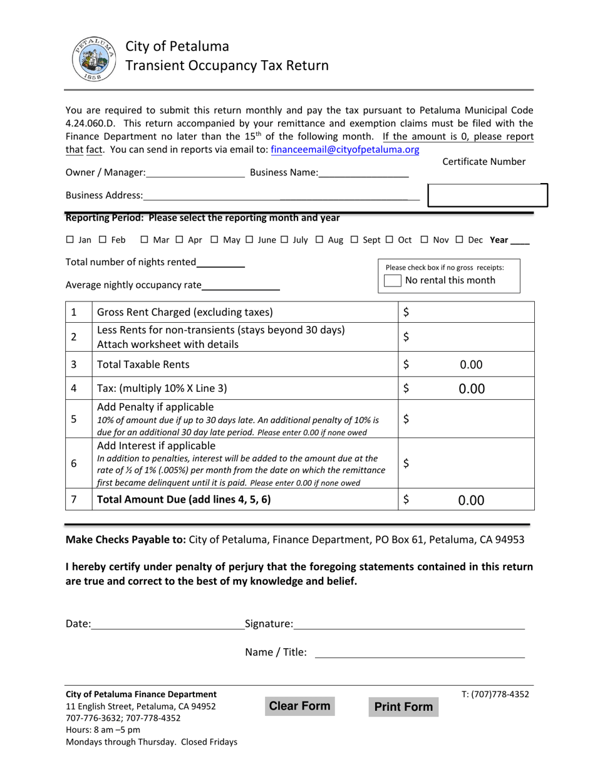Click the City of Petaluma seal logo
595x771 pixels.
[93, 58]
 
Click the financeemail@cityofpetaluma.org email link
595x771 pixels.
[344, 149]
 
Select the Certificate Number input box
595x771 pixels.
[487, 196]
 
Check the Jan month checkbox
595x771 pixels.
[70, 239]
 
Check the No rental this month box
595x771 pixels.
[392, 281]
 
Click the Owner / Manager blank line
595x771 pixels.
[195, 173]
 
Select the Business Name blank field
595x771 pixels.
[363, 173]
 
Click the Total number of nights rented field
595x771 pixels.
[220, 263]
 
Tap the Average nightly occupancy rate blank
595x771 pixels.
[241, 286]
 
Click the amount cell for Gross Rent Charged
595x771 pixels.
[467, 312]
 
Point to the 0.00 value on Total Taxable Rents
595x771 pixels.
[471, 365]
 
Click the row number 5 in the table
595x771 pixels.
[74, 419]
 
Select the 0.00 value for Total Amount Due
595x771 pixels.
[471, 500]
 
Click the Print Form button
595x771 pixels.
[403, 707]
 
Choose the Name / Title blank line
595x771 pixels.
[419, 653]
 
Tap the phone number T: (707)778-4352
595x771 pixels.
[495, 694]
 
